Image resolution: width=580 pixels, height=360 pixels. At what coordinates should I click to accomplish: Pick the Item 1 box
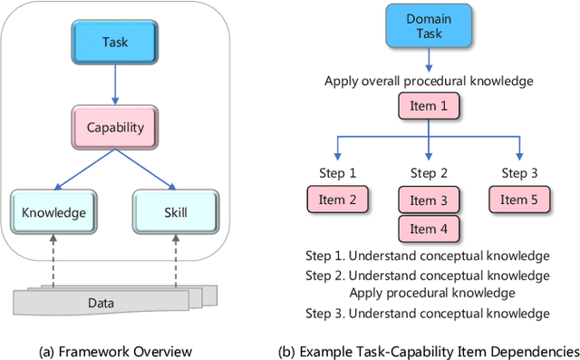(429, 106)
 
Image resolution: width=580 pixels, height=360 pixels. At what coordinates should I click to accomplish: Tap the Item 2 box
(337, 199)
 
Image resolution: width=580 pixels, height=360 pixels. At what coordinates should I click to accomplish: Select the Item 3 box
(429, 200)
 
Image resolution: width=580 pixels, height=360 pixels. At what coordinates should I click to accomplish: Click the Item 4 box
(429, 229)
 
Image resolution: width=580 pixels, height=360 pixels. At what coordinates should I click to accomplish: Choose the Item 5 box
(519, 199)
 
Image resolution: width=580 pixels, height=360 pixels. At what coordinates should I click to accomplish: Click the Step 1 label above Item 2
(337, 173)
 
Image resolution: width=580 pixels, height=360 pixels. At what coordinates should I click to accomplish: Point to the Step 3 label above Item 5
(519, 173)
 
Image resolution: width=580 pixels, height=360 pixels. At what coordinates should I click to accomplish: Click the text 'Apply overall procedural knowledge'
(428, 82)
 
